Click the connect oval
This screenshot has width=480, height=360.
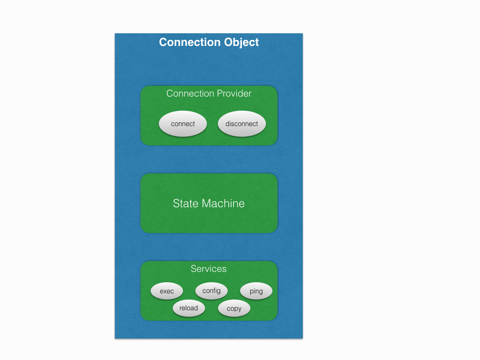pos(183,123)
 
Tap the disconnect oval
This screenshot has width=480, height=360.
pos(242,123)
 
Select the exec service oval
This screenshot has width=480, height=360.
pos(167,291)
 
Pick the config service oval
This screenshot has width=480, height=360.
pos(211,291)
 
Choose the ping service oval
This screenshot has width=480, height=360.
pos(256,291)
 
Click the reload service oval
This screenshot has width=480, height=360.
pos(189,308)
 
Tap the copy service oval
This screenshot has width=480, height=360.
pos(234,308)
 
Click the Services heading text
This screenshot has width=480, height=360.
pos(209,269)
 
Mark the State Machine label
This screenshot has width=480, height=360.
pos(209,203)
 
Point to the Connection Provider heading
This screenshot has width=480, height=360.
pos(209,93)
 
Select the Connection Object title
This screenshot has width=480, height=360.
pos(209,43)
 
